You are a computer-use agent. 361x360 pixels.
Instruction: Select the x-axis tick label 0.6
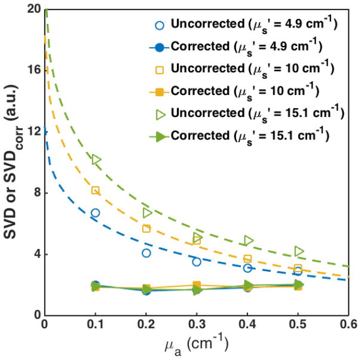click(350, 325)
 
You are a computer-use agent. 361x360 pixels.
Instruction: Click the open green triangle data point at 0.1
click(96, 159)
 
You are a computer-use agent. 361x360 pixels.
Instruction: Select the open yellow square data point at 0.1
click(95, 190)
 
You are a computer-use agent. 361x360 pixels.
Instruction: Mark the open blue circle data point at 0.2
click(146, 253)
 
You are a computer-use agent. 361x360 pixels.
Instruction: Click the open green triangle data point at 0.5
click(299, 251)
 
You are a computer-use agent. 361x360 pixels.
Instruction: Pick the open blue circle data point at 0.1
click(95, 213)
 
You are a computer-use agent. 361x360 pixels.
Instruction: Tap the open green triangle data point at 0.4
click(249, 241)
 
